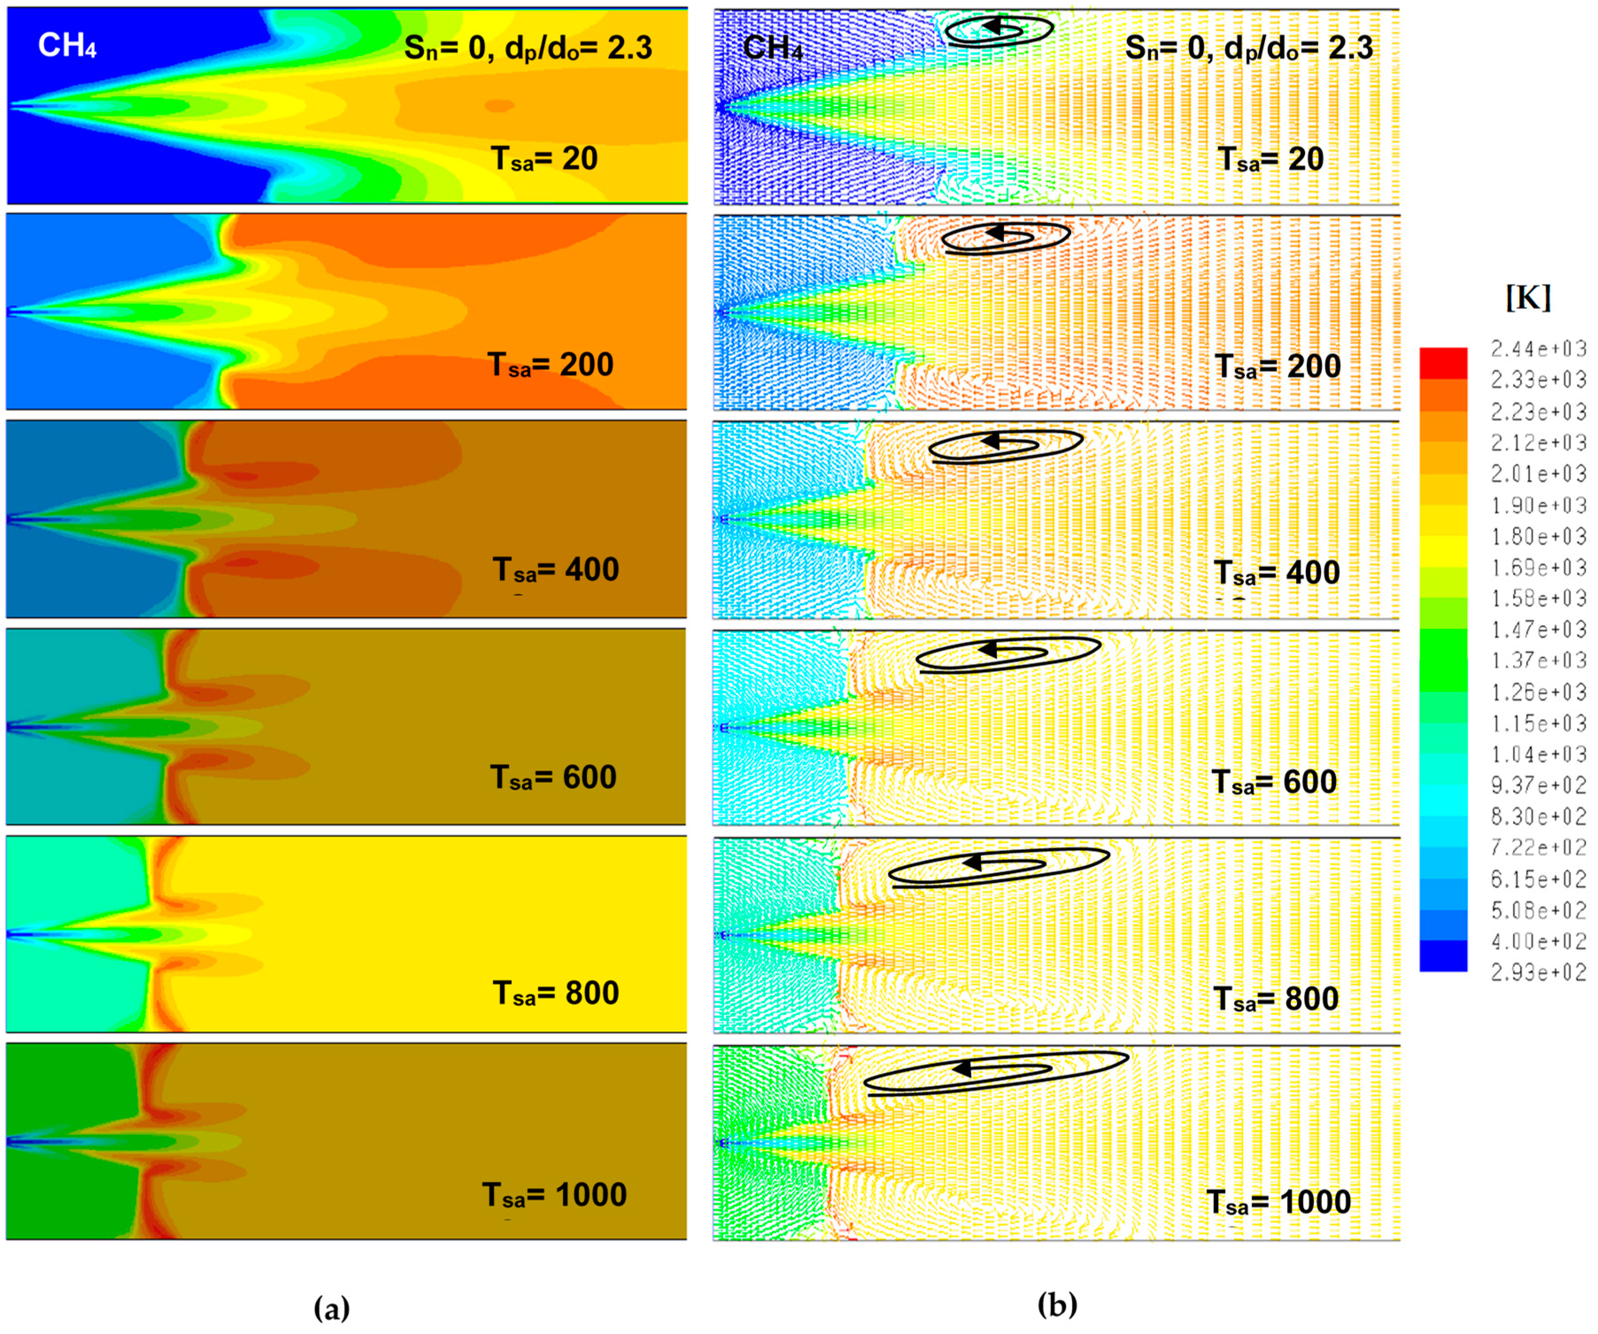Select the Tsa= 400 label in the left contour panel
pos(556,570)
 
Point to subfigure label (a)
pos(332,1308)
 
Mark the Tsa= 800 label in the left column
pos(556,993)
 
